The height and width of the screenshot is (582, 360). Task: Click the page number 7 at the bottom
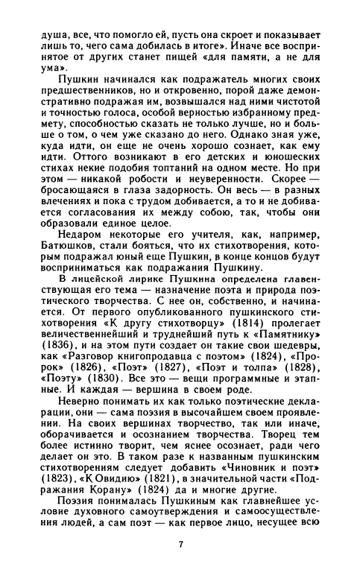(180, 544)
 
